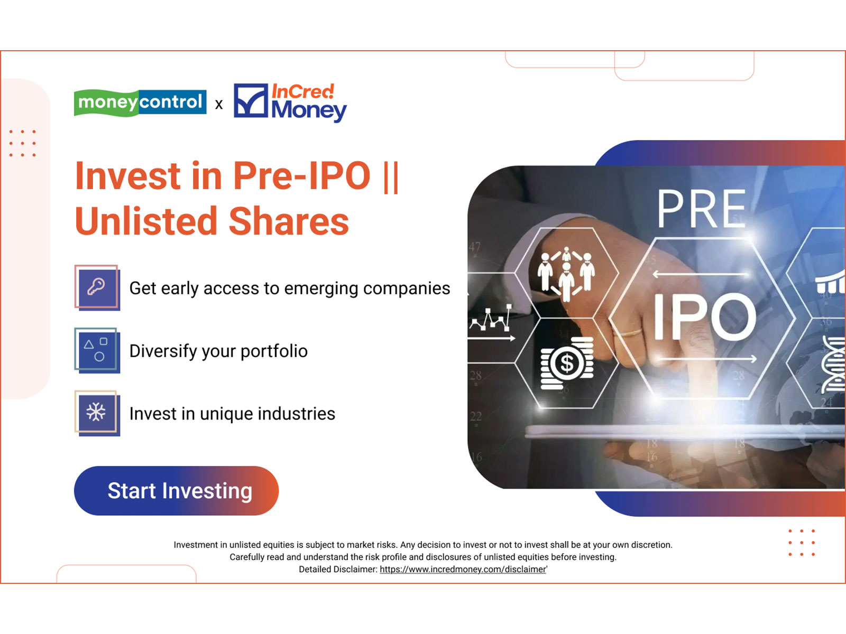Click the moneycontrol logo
click(140, 102)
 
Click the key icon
click(97, 287)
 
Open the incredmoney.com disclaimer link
click(463, 570)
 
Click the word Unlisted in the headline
click(146, 221)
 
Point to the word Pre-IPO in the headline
click(301, 175)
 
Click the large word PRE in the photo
click(701, 209)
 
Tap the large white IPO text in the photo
click(704, 317)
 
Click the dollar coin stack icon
click(567, 363)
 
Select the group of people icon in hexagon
click(566, 273)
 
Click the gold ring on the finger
click(631, 332)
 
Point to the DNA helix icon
click(833, 365)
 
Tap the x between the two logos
click(219, 105)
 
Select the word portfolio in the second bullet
click(274, 351)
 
